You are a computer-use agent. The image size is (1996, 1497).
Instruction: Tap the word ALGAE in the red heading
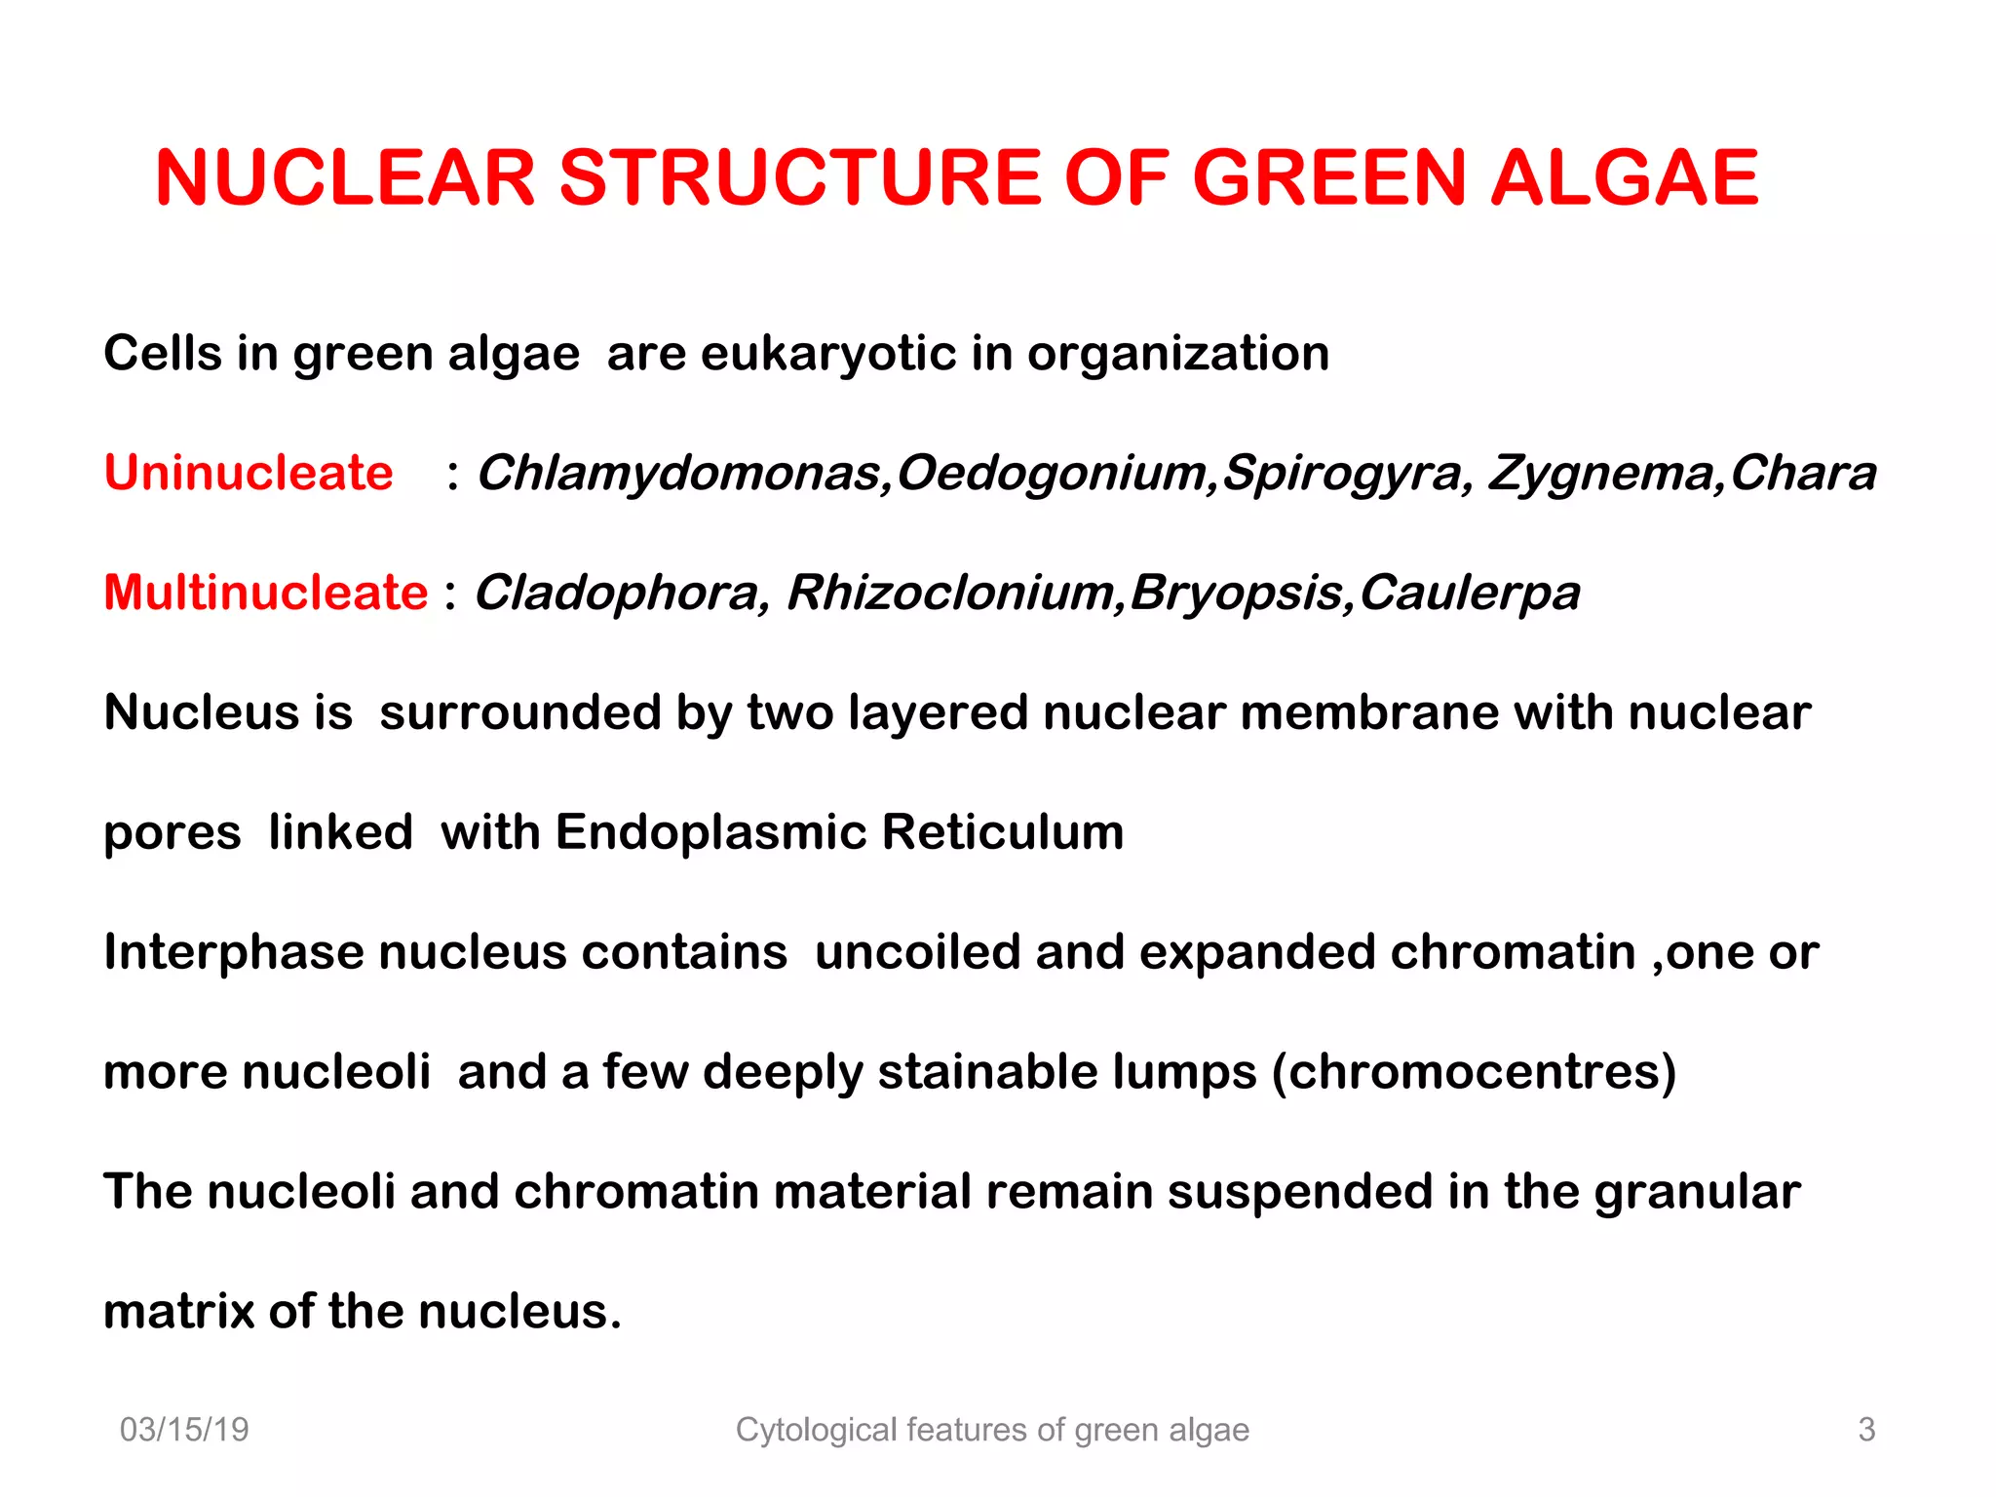coord(1625,178)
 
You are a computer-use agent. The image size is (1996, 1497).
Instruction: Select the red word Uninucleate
coord(249,473)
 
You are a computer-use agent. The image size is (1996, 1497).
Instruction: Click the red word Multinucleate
coord(266,593)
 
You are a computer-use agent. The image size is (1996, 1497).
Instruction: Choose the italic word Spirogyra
coord(1345,474)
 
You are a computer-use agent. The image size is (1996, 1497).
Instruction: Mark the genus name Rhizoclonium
coord(950,593)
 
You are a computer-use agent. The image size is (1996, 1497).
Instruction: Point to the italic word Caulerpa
coord(1470,593)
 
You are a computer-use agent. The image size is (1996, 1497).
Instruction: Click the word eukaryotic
coord(828,353)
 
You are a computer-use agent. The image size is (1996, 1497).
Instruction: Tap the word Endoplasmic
coord(710,832)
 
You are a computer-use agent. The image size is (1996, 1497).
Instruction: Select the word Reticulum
coord(1003,832)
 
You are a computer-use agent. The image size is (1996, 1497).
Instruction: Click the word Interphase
coord(234,952)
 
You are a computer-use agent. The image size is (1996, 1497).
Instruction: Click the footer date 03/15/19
coord(184,1430)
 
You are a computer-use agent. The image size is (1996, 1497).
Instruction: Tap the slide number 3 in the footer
coord(1866,1430)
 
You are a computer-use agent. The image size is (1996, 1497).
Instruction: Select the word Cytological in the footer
coord(815,1430)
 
